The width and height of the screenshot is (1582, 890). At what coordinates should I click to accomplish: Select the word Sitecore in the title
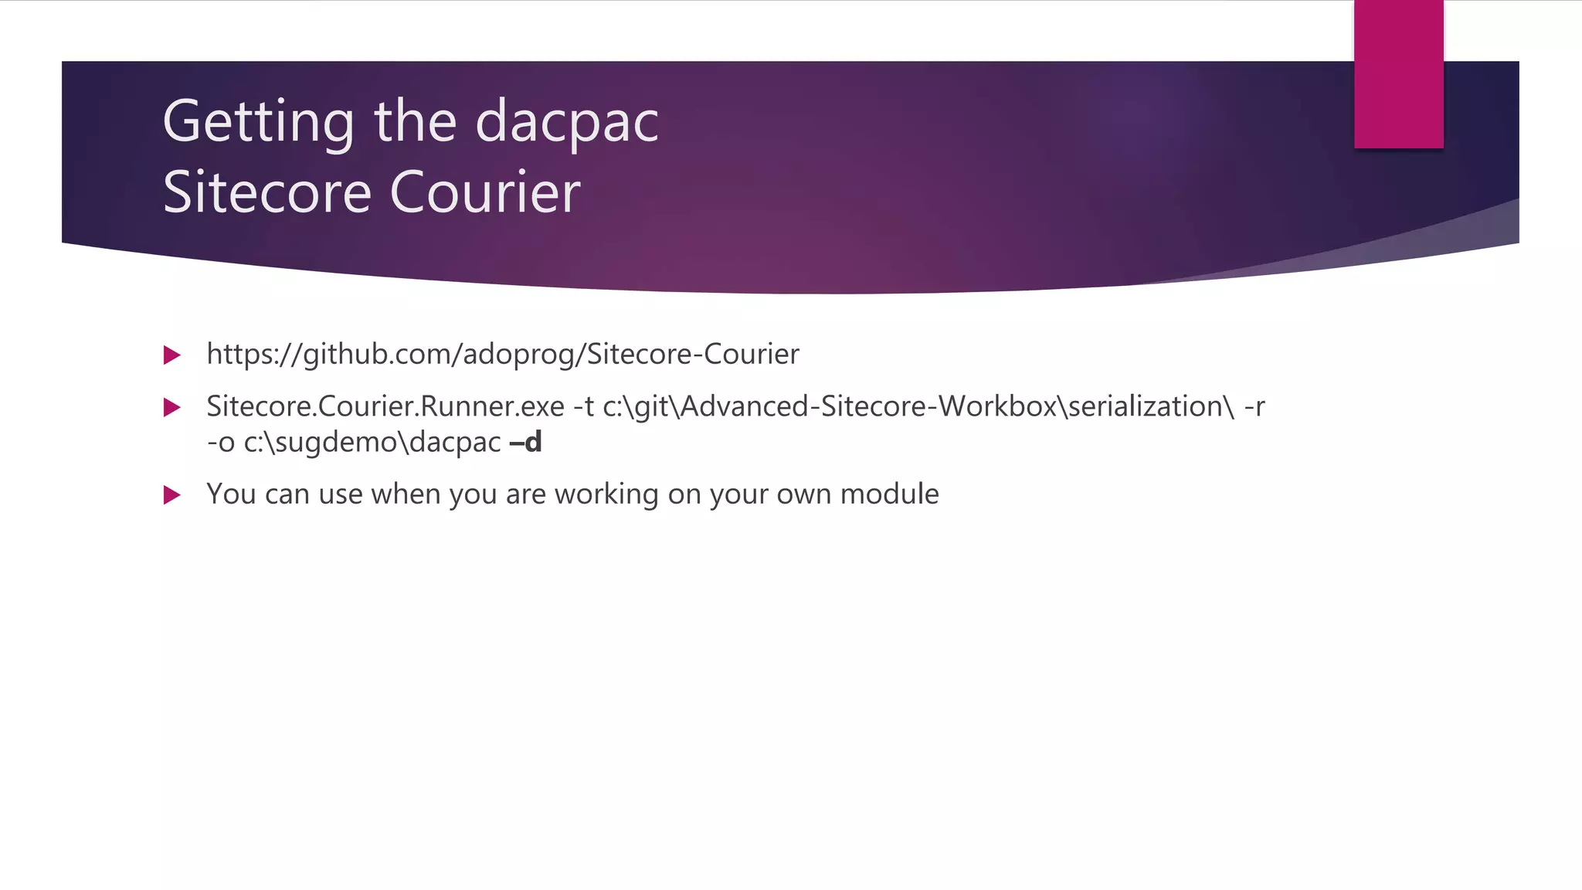267,192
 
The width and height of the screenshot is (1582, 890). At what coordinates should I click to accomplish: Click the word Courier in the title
484,192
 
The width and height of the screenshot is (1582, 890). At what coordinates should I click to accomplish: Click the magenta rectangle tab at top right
1398,74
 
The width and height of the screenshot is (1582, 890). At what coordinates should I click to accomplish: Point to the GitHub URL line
502,355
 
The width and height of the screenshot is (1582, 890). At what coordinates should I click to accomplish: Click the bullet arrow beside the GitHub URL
172,355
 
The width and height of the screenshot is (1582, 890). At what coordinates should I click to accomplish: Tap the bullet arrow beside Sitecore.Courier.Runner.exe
172,407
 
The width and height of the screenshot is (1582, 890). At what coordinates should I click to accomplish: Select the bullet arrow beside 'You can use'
172,495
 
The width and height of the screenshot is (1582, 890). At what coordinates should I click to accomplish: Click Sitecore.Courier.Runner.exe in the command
385,406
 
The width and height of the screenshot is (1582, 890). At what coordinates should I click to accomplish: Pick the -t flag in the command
583,406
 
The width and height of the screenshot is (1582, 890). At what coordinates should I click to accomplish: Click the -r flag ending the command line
1254,406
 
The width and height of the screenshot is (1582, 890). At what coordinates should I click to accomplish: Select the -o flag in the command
220,443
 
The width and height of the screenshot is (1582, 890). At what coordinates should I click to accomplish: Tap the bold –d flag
526,443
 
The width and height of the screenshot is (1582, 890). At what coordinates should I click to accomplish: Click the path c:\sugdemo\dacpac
372,443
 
